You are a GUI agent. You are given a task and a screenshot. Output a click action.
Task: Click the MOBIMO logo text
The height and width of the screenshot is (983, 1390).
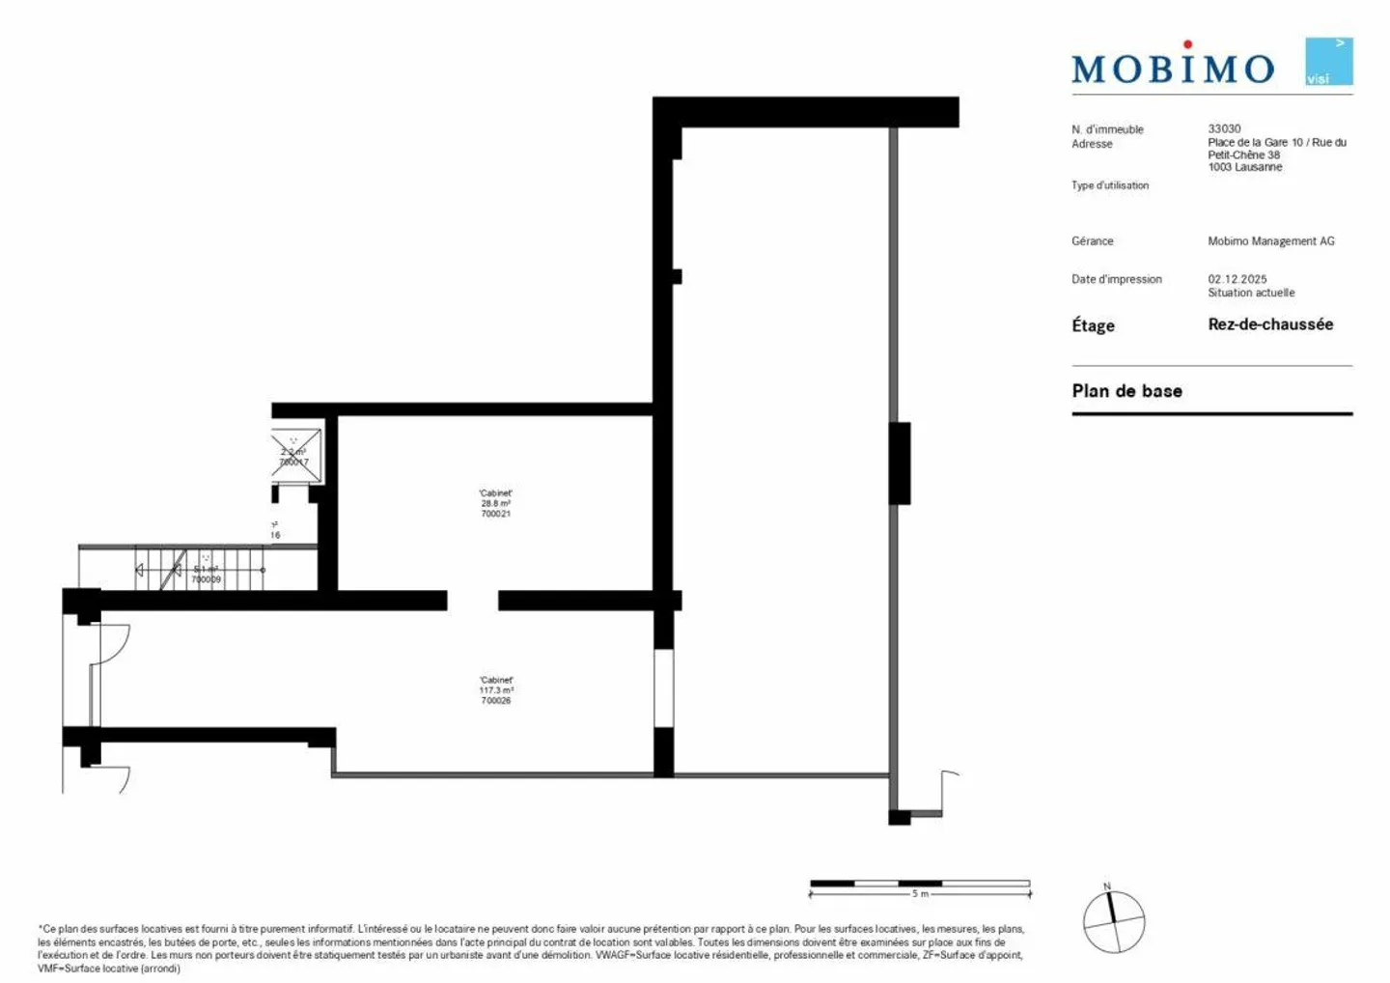coord(1172,68)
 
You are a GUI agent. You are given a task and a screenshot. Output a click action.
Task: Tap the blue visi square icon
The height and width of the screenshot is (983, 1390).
coord(1328,62)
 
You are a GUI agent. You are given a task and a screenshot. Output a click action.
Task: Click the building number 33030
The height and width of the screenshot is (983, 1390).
coord(1224,128)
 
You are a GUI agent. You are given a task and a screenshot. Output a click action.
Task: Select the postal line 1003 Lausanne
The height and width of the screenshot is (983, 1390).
coord(1244,167)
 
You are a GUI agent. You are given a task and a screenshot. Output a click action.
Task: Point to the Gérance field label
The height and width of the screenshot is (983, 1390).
coord(1092,241)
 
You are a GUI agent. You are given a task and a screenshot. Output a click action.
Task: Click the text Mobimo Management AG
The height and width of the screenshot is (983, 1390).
coord(1270,241)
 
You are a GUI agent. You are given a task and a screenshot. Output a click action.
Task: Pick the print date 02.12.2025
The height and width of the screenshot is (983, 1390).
coord(1237,279)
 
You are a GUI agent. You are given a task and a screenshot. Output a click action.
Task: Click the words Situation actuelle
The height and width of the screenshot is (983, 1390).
coord(1251,293)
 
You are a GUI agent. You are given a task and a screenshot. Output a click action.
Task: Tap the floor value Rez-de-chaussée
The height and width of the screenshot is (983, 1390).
coord(1269,324)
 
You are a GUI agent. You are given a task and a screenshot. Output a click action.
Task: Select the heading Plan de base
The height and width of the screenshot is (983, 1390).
coord(1126,391)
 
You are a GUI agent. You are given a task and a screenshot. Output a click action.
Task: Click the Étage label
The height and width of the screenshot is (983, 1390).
coord(1093,325)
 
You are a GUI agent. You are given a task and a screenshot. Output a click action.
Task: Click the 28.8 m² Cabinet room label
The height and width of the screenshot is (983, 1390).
coord(495,503)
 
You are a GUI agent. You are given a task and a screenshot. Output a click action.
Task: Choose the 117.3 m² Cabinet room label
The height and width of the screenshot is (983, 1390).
coord(495,690)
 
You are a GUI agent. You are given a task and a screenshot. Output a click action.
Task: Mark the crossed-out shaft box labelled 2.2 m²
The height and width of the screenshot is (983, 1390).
coord(295,455)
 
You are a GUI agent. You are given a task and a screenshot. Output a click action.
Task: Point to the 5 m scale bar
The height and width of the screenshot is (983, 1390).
coord(919,885)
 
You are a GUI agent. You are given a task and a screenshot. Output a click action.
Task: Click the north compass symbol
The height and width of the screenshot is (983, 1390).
coord(1114,921)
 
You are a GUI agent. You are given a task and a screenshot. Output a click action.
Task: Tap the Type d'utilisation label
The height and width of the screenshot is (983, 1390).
coord(1109,185)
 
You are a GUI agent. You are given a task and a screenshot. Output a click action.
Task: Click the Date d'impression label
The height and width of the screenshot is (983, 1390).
coord(1116,279)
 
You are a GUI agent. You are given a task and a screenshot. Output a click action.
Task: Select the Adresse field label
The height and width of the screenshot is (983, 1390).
coord(1092,144)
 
